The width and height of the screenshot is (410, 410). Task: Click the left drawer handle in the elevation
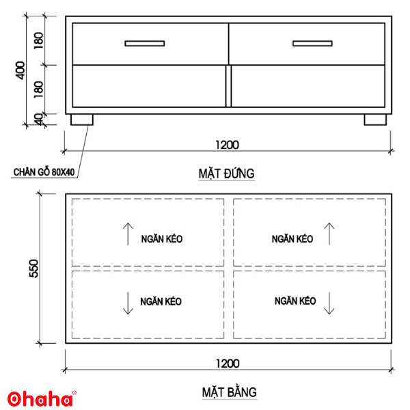pos(144,44)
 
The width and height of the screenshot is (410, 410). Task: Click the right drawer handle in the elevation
pos(312,44)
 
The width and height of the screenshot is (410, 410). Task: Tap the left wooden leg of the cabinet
pos(82,120)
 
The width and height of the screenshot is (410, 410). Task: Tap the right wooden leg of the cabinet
pos(375,120)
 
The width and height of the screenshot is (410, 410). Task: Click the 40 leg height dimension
pos(39,119)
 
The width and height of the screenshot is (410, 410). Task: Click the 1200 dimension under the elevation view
pos(228,145)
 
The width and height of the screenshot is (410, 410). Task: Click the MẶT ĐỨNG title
pos(228,174)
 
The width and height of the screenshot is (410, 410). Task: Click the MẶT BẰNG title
pos(228,392)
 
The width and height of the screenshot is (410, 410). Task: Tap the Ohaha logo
pos(41,398)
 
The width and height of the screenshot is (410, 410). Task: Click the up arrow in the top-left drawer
pos(128,234)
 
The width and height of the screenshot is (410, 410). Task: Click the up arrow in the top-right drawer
pos(329,234)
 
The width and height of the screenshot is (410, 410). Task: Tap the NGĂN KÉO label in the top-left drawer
pos(162,239)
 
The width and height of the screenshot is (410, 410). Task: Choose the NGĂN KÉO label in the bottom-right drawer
pos(295,301)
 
